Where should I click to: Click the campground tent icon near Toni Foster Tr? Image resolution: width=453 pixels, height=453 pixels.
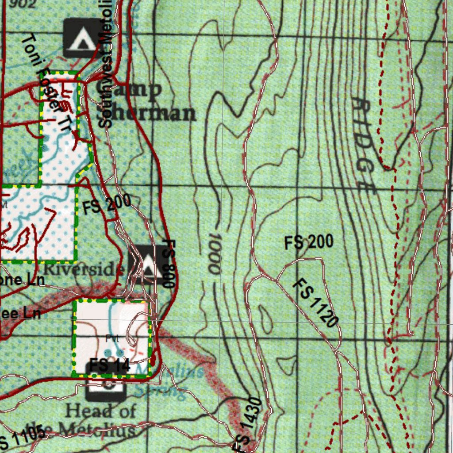(x=81, y=38)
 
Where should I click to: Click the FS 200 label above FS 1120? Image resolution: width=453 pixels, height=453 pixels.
(x=309, y=242)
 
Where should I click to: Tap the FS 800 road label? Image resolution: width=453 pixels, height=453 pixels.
(x=169, y=264)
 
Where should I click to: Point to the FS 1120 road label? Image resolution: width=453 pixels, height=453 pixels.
(x=316, y=303)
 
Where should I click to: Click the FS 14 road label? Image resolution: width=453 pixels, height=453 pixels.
(x=109, y=365)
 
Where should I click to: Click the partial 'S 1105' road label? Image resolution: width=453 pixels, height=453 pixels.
(x=22, y=437)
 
